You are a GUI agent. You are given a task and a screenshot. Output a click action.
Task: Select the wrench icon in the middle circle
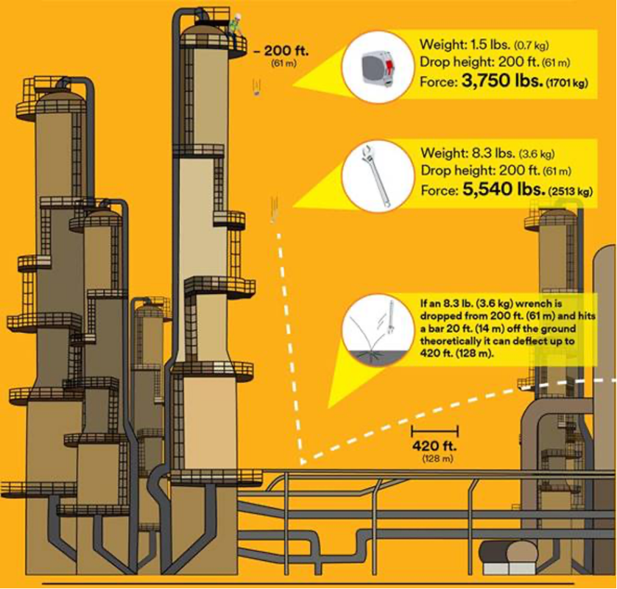click(x=376, y=175)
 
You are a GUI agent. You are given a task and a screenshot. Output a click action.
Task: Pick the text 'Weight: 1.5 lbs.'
click(x=463, y=43)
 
